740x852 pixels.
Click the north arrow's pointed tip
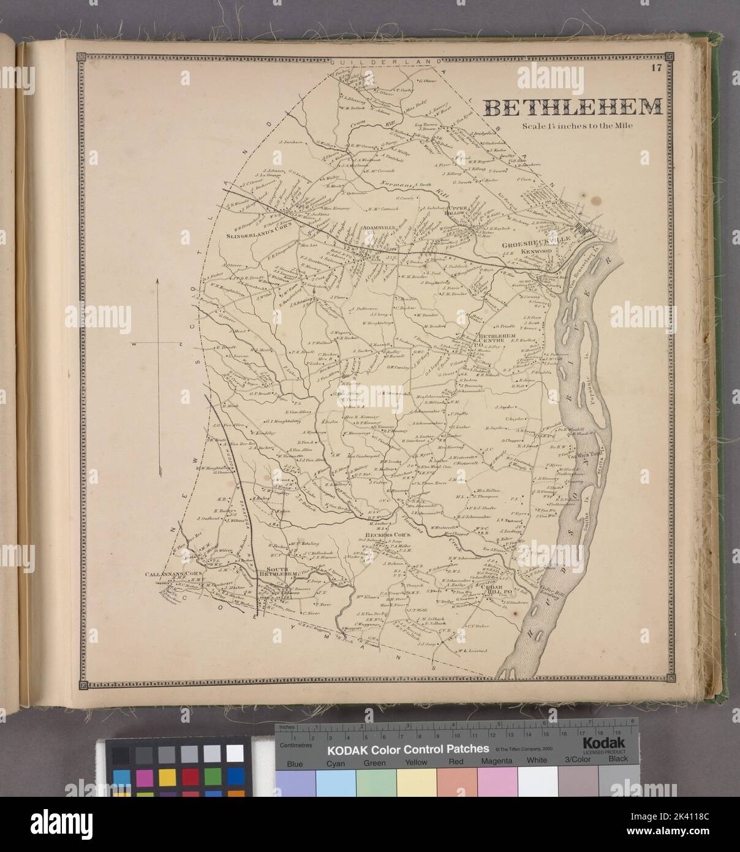157,279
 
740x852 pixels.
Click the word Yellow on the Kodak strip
417,763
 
